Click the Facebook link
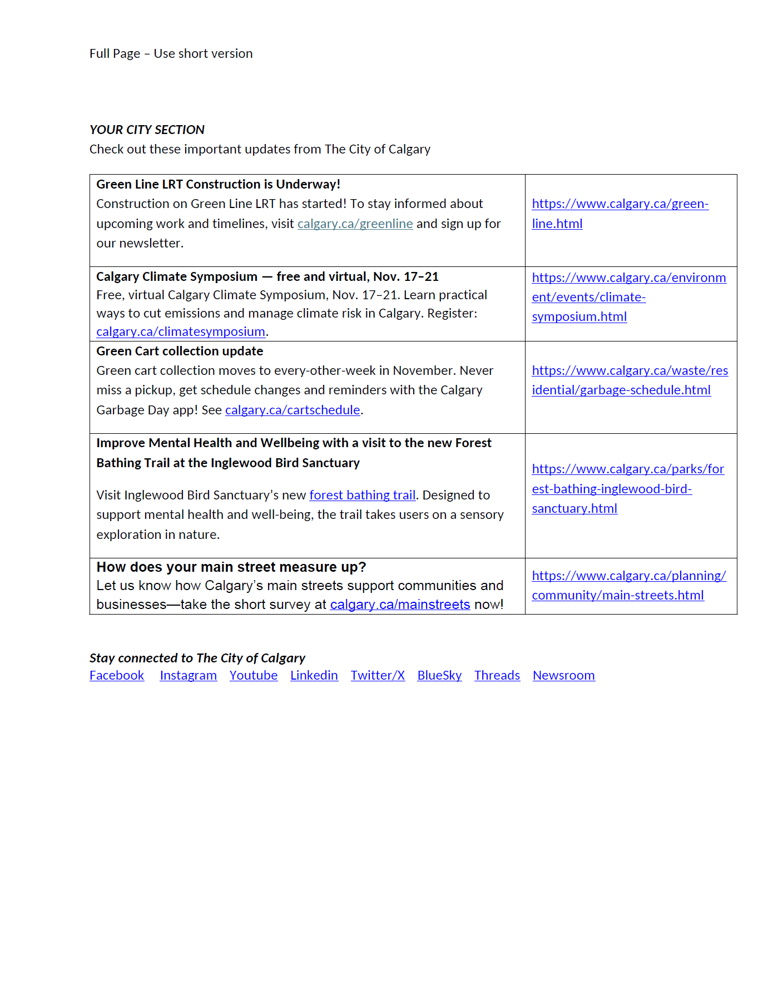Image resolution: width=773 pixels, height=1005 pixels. coord(117,675)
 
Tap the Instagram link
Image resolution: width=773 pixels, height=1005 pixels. coord(188,675)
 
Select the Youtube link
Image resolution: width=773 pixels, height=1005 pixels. coord(254,675)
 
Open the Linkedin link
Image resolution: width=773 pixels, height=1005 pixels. coord(314,675)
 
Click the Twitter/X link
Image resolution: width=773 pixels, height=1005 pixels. coord(378,675)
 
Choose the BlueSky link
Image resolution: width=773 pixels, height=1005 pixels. coord(439,675)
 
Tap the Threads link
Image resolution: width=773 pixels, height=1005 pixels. coord(497,675)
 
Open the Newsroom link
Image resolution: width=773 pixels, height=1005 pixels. coord(563,675)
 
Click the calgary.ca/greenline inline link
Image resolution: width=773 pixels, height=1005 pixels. coord(355,224)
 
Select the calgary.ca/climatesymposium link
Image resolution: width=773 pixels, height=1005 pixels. coord(181,331)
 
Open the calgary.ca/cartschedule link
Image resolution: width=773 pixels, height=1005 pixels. coord(293,410)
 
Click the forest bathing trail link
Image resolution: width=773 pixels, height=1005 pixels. coord(363,495)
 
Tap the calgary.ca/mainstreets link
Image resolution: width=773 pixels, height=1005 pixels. coord(400,605)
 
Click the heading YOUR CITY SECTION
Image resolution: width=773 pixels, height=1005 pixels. coord(147,130)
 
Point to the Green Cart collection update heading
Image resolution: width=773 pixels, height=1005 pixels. coord(180,351)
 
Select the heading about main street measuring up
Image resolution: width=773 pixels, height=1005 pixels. coord(231,567)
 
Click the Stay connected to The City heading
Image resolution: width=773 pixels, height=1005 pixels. coord(197,658)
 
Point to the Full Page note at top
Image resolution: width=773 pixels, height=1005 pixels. coord(171,53)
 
